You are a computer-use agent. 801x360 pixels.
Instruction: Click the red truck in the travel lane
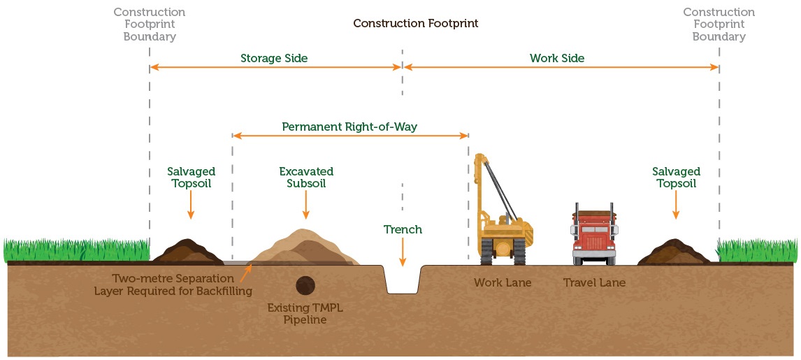[x=594, y=234]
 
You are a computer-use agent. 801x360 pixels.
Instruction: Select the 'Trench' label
[x=403, y=229]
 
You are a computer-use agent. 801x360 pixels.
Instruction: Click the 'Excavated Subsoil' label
[x=306, y=178]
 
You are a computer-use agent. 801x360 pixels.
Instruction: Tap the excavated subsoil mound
[x=303, y=249]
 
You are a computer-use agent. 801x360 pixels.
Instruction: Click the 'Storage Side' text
[x=274, y=58]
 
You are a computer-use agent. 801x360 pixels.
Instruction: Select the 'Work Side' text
[x=557, y=58]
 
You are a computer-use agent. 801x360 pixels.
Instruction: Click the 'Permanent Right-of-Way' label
[x=349, y=127]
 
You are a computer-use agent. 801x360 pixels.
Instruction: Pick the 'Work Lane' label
[x=503, y=283]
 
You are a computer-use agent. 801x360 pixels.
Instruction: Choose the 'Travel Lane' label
[x=594, y=283]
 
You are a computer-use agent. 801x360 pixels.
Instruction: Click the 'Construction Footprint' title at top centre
[x=415, y=23]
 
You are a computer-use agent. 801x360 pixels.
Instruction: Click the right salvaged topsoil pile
[x=674, y=252]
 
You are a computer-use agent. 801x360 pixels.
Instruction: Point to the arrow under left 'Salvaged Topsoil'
[x=191, y=208]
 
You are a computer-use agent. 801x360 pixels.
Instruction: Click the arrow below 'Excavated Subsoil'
[x=306, y=208]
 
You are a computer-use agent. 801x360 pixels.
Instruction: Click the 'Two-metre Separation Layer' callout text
[x=173, y=285]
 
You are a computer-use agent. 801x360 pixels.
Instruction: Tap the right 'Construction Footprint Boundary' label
[x=719, y=24]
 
